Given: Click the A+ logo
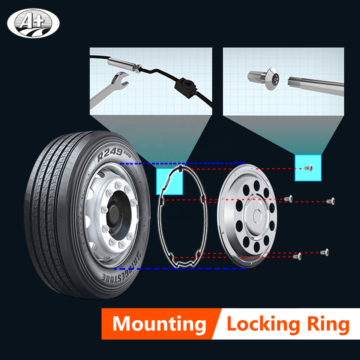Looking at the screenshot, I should pos(33,23).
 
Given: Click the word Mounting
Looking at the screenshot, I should pos(159,324).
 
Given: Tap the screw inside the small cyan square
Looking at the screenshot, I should pos(309,168).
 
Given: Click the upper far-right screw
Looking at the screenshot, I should pos(331,201).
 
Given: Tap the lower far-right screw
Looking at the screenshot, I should pos(326,252).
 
